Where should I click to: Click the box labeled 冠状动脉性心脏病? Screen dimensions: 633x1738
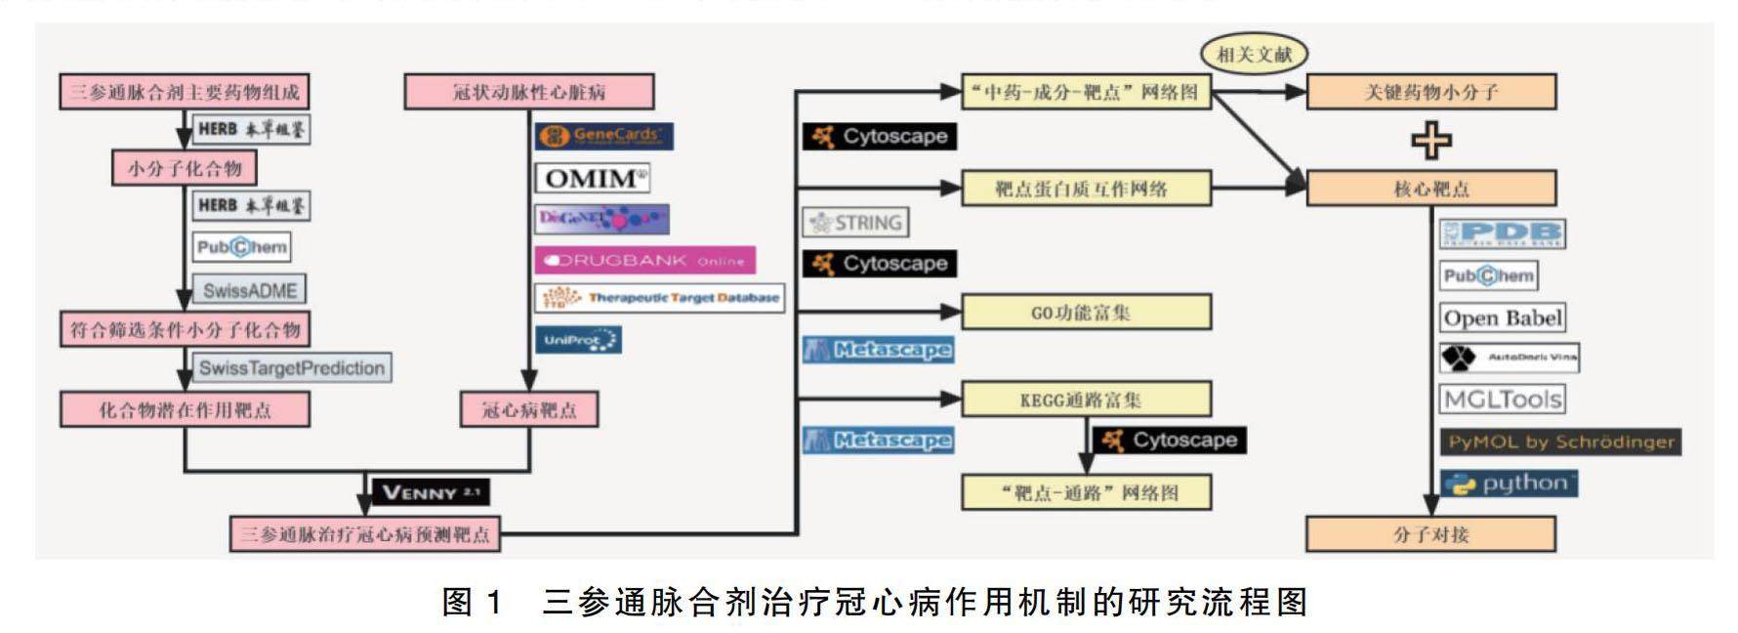(528, 92)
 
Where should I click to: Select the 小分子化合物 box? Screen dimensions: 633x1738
(185, 168)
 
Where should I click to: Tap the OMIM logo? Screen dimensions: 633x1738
(593, 178)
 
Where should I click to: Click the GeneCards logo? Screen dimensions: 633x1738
(604, 136)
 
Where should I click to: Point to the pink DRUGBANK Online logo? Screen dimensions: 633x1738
(644, 260)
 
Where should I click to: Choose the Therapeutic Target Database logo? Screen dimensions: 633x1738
(660, 297)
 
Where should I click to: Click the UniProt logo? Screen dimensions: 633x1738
(578, 340)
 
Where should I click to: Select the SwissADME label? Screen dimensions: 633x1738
(249, 290)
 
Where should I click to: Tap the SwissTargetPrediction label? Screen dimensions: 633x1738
(291, 368)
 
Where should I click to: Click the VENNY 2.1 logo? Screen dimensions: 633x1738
(430, 491)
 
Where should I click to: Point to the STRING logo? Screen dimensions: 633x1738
(855, 223)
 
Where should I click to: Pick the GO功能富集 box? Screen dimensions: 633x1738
(1086, 313)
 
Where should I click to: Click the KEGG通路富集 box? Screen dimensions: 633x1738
(1086, 400)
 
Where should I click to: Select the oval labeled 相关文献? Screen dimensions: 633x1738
(1253, 54)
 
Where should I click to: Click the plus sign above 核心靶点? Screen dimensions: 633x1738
(1430, 140)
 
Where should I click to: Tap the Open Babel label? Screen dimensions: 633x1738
(1502, 318)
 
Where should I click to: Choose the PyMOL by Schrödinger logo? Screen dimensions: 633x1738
(1559, 442)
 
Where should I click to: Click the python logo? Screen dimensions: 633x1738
(1509, 484)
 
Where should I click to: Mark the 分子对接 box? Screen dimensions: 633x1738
(1430, 534)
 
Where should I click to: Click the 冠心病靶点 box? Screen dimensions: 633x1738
(528, 409)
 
